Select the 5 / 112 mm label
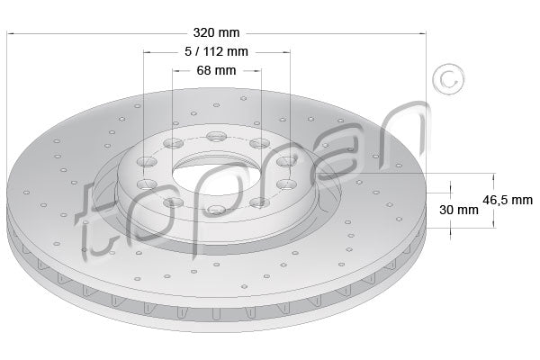point(216,52)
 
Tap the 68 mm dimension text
point(216,69)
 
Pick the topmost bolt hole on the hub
point(216,137)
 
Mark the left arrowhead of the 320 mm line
point(11,34)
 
